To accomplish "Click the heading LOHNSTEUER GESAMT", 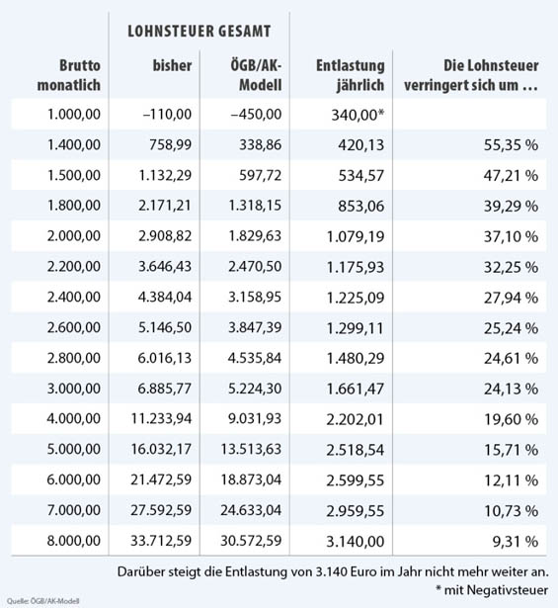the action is click(199, 32).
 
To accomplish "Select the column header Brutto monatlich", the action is click(69, 75).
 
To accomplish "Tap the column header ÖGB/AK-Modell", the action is click(256, 75).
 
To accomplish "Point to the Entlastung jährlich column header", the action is click(351, 75).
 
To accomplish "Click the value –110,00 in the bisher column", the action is click(167, 115).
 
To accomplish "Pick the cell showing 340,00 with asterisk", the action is click(358, 115).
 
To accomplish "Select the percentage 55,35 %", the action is click(511, 145).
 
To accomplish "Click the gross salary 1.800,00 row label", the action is click(74, 205).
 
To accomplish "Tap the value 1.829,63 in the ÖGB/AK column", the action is click(255, 236).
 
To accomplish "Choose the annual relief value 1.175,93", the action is click(356, 267).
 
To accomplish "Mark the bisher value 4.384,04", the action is click(165, 297).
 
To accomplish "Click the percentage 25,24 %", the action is click(511, 328).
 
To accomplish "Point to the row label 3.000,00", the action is click(74, 389).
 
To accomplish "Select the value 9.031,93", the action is click(255, 419).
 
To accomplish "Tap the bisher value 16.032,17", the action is click(161, 449).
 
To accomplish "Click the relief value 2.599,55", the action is click(356, 480).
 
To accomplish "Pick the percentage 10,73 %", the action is click(511, 511).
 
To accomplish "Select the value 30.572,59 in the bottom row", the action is click(251, 541).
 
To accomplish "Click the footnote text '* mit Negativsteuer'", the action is click(492, 590).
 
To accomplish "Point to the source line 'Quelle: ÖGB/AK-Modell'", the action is click(43, 601).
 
